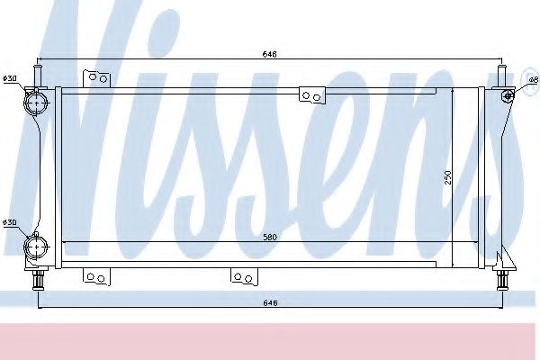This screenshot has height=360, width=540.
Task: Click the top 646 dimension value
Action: click(270, 54)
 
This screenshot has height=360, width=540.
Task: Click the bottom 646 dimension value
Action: click(270, 303)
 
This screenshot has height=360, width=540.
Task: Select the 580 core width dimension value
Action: click(270, 237)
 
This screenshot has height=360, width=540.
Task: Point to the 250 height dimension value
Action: click(447, 177)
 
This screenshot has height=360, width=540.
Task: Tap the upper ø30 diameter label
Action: click(10, 78)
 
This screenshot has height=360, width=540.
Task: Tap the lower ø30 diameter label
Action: click(10, 222)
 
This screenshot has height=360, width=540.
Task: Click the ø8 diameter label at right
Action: click(534, 80)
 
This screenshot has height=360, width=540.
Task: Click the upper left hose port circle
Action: click(37, 103)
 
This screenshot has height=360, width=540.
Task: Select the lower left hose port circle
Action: click(37, 247)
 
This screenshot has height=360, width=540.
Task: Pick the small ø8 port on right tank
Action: click(508, 95)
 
